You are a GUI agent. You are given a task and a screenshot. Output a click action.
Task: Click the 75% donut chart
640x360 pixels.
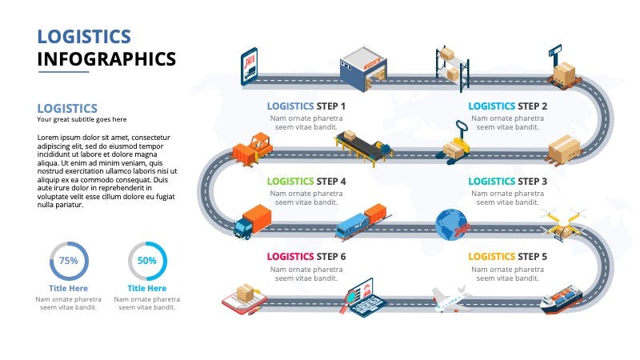point(69,261)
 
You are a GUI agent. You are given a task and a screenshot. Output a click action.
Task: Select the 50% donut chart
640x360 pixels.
point(147,261)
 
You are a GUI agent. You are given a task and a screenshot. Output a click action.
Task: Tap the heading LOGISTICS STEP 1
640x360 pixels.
point(306,106)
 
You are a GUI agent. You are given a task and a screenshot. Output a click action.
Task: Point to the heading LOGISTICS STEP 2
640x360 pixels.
point(507,106)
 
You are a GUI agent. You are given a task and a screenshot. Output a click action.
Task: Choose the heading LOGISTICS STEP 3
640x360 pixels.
point(507,182)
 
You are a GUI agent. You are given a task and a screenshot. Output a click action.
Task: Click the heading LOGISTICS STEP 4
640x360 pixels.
point(306,182)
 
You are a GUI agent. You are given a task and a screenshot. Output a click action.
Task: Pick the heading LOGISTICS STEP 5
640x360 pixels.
point(507,257)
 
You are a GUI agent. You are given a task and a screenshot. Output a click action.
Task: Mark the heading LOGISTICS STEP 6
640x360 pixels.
point(306,257)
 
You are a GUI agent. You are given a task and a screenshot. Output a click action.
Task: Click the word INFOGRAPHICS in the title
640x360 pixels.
point(107,59)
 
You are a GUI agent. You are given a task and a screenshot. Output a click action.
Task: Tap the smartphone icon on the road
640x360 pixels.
point(249,66)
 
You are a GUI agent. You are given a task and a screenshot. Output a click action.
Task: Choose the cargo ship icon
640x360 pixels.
point(561,298)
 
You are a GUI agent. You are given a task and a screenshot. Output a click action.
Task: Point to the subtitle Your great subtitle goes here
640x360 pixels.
point(82,120)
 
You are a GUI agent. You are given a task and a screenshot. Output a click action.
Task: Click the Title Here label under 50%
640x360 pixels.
point(147,288)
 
